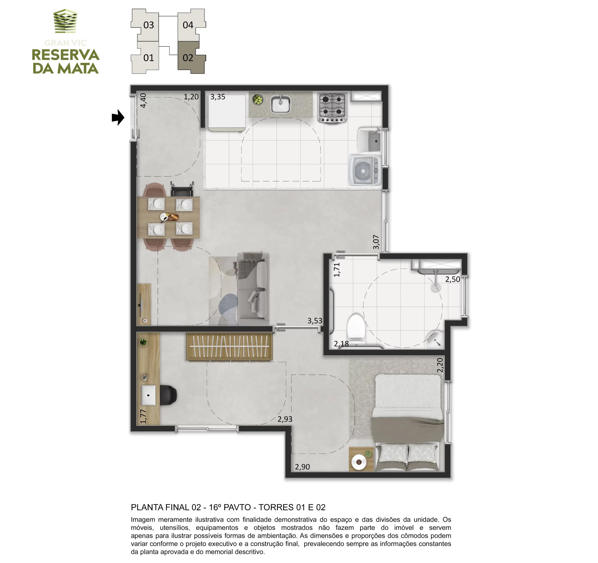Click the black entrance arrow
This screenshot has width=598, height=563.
[x=118, y=117]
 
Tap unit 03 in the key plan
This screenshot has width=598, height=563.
[x=145, y=25]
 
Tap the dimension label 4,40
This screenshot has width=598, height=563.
[x=143, y=100]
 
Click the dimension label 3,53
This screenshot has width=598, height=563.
[x=315, y=321]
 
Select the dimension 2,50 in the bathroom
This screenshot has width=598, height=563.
[x=452, y=279]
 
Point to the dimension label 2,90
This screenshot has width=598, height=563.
[x=302, y=467]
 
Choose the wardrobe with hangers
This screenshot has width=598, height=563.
[x=229, y=346]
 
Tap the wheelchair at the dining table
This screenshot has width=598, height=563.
[x=182, y=189]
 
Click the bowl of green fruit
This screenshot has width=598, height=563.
[x=257, y=99]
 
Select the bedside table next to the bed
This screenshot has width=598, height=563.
[x=361, y=459]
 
